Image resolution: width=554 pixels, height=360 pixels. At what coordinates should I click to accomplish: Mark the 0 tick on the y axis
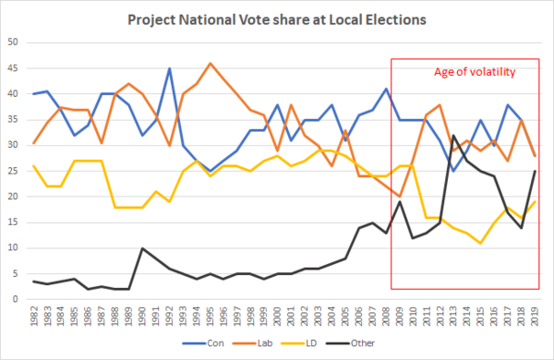pos(15,299)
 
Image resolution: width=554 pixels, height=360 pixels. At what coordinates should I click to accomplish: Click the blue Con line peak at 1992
pos(169,68)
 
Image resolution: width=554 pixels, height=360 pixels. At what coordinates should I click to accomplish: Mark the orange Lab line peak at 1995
pos(210,64)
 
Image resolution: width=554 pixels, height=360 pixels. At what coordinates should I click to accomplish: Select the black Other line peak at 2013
pos(453,136)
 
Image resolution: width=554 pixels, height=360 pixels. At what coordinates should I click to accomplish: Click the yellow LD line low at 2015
pos(480,243)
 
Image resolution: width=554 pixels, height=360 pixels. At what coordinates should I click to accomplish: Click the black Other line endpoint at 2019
pos(535,172)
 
